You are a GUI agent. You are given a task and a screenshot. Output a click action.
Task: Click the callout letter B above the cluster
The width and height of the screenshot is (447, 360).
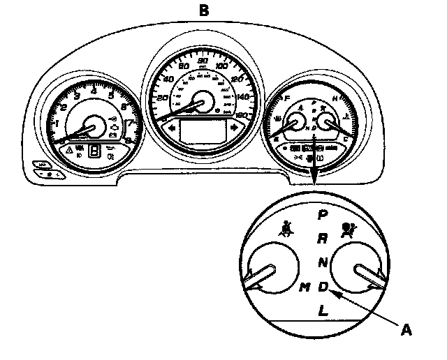point(203,10)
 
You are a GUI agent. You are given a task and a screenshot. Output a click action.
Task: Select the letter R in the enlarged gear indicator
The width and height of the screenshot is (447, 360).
point(322,239)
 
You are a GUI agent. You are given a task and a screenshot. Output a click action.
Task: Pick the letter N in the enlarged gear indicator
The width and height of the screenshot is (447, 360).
point(323,262)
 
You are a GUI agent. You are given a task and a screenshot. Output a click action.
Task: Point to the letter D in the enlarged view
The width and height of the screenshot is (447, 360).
point(323,286)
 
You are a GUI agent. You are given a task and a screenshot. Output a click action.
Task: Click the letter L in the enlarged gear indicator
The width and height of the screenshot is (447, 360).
point(322,311)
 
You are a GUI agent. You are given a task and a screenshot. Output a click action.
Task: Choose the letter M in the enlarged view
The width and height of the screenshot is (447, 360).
point(304,287)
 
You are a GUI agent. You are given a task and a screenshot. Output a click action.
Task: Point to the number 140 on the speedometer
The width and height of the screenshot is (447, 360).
point(243,97)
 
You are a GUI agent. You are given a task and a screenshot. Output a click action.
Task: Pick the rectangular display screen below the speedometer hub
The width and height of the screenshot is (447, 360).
point(203,131)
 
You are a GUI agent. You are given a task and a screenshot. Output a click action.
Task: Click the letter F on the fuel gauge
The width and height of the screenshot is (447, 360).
point(288,100)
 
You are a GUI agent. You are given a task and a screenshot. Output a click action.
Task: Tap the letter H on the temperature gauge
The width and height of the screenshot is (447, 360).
point(335,100)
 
